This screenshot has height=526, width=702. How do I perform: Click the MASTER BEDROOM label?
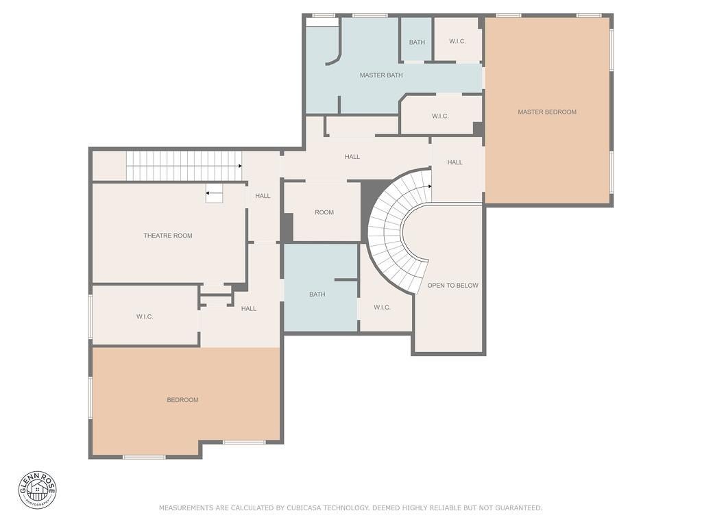(x=546, y=112)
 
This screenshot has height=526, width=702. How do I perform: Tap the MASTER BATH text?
(x=381, y=75)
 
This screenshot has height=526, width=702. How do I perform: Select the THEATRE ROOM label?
(x=168, y=236)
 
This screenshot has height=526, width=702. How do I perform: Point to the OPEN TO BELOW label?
(x=452, y=286)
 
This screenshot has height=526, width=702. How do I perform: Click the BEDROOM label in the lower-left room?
(x=182, y=400)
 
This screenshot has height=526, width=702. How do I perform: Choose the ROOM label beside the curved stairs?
(x=324, y=212)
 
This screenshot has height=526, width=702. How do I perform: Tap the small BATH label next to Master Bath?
(x=417, y=42)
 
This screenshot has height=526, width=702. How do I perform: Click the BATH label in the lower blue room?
(x=317, y=295)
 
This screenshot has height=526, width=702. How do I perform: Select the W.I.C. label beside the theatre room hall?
(x=145, y=316)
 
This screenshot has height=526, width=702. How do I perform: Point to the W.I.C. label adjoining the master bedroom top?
(x=457, y=41)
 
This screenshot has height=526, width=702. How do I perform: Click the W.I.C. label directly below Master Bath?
(x=440, y=116)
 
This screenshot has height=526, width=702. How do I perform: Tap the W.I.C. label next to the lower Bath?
(x=382, y=308)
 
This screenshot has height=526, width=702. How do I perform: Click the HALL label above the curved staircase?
(x=352, y=157)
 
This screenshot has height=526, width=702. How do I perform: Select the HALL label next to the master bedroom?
(x=455, y=162)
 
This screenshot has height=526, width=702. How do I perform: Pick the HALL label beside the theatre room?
(x=263, y=195)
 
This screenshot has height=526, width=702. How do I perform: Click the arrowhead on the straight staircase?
(x=240, y=166)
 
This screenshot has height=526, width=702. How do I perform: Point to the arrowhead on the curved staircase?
(x=430, y=186)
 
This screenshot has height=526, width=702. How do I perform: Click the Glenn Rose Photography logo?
(x=38, y=490)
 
